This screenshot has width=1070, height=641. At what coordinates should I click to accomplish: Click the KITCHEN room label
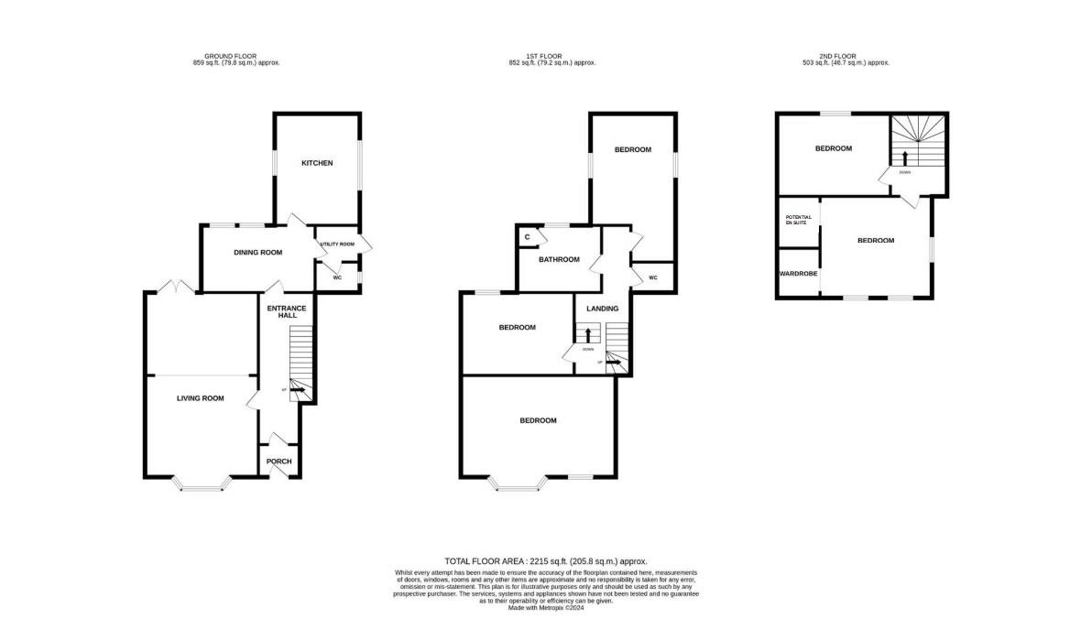click(x=317, y=163)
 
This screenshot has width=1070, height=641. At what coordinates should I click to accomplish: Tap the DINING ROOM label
click(x=257, y=252)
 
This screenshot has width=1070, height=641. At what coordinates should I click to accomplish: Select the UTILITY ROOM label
click(x=336, y=244)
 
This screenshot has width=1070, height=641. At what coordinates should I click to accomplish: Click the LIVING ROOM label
click(x=200, y=398)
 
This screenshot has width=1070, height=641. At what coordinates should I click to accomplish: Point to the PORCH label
click(x=278, y=461)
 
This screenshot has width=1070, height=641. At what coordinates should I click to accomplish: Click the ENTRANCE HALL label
click(x=287, y=311)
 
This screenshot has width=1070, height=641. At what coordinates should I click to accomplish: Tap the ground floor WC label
click(x=336, y=277)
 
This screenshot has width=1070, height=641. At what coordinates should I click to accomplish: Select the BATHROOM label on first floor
click(x=559, y=259)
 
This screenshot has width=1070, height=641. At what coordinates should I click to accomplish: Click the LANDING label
click(x=603, y=309)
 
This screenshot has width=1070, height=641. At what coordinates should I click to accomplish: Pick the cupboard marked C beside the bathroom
click(x=527, y=237)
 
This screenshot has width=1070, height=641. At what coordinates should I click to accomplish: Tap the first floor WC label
click(x=653, y=277)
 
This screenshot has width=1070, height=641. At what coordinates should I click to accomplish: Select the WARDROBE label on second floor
click(x=798, y=273)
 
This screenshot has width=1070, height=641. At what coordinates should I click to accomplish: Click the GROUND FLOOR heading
click(x=235, y=59)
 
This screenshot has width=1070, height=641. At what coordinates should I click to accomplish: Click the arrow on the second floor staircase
click(x=905, y=158)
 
